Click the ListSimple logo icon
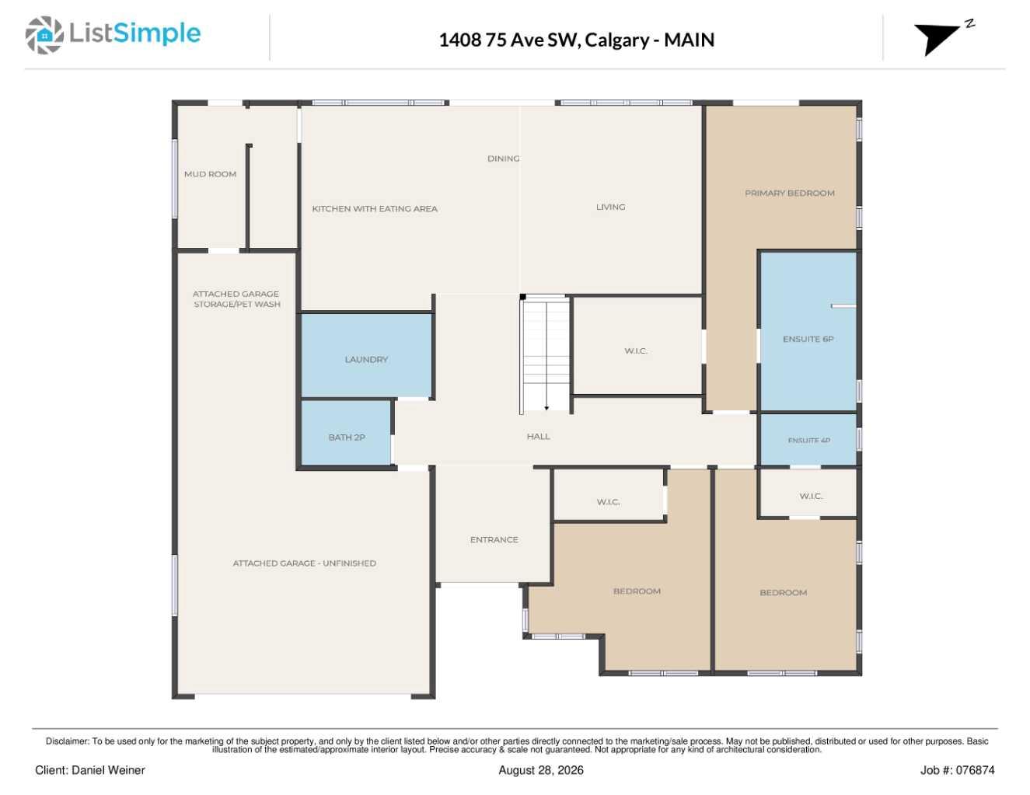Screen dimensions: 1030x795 [44, 35]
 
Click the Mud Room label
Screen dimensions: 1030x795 [210, 174]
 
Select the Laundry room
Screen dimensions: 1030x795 [366, 355]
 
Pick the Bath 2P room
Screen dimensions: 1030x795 [346, 433]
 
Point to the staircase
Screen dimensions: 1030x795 [546, 355]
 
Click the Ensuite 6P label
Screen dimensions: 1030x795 [808, 339]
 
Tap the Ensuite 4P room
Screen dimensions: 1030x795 [808, 440]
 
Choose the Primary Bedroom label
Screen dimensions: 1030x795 [789, 193]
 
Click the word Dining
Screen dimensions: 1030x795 [504, 159]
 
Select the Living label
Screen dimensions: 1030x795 [610, 207]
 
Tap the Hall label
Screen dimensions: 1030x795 [538, 436]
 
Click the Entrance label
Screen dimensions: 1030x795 [494, 539]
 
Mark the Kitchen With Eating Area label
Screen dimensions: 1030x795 [375, 208]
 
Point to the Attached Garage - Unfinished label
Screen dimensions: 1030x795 [304, 563]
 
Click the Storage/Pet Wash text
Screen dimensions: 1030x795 [237, 304]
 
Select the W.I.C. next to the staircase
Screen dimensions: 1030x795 [636, 350]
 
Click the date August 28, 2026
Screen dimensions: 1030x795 [541, 770]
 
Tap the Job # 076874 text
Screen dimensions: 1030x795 [957, 770]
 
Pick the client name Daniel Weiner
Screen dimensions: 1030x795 [108, 770]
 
